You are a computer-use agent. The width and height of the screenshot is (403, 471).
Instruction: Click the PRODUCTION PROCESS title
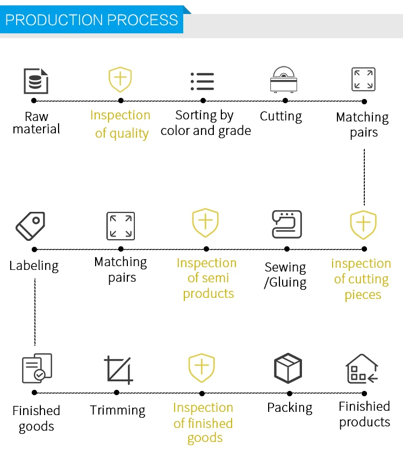pyautogui.click(x=92, y=20)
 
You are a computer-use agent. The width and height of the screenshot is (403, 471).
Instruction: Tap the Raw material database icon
pyautogui.click(x=36, y=81)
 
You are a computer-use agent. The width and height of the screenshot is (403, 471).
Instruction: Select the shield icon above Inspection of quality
pyautogui.click(x=120, y=80)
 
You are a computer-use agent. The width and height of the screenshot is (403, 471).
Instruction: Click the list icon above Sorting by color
pyautogui.click(x=203, y=81)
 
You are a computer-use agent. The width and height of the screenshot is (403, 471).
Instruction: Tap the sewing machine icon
pyautogui.click(x=286, y=224)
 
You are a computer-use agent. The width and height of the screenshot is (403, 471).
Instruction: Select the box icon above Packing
pyautogui.click(x=288, y=368)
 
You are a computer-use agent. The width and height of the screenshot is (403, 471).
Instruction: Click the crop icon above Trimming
pyautogui.click(x=118, y=370)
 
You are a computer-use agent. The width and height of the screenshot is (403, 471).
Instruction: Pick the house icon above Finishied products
pyautogui.click(x=362, y=369)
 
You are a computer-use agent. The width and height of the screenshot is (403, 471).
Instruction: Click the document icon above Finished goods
pyautogui.click(x=37, y=368)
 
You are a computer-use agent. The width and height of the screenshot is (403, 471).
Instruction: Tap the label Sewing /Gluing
pyautogui.click(x=285, y=275)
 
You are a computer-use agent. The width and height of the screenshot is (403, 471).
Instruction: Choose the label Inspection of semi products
pyautogui.click(x=207, y=278)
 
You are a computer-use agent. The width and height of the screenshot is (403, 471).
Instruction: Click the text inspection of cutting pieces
pyautogui.click(x=361, y=279)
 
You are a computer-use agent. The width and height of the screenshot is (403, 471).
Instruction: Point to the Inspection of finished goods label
pyautogui.click(x=203, y=423)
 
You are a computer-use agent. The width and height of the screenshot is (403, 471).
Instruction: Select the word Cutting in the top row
pyautogui.click(x=281, y=116)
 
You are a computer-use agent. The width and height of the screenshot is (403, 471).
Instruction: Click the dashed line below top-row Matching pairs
pyautogui.click(x=364, y=177)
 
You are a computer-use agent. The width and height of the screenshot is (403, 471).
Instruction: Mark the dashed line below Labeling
pyautogui.click(x=35, y=312)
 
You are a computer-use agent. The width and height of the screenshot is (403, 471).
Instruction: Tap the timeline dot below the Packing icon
pyautogui.click(x=290, y=393)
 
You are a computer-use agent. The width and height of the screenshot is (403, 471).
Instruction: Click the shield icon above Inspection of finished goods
pyautogui.click(x=201, y=368)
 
